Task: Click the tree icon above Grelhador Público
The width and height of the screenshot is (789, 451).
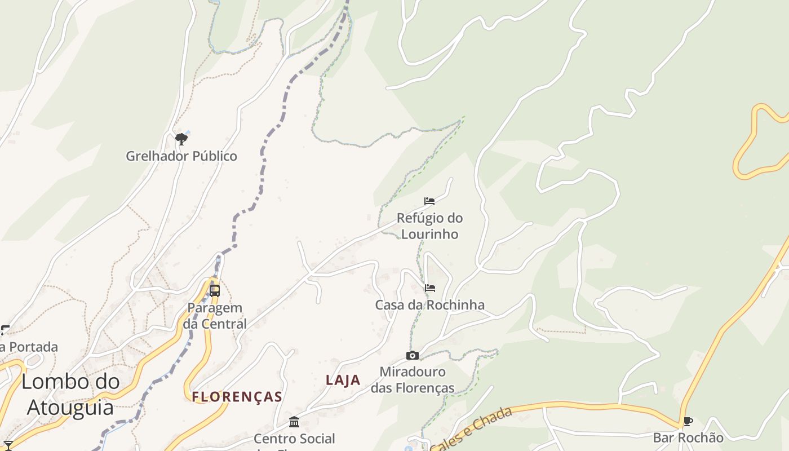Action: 181,139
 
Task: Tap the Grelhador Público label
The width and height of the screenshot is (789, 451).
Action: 181,156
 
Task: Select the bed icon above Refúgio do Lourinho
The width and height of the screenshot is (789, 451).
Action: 429,201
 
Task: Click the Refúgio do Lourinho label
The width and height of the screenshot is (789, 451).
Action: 429,226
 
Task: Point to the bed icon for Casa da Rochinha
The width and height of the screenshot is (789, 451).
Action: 430,288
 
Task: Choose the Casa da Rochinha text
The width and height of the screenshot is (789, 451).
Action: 429,305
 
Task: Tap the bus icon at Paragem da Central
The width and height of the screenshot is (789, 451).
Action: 215,291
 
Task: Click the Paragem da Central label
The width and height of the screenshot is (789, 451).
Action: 215,316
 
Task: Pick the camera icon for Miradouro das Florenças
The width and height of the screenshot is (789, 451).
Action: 413,355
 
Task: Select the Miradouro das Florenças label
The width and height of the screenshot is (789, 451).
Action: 413,380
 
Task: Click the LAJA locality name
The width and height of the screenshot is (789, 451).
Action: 343,380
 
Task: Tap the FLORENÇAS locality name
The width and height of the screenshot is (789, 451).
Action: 237,397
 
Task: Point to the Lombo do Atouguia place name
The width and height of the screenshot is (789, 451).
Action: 70,394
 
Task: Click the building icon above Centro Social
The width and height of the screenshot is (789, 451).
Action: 294,422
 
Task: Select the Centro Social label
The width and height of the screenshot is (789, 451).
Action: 294,439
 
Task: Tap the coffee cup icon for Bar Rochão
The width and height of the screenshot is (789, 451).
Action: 688,421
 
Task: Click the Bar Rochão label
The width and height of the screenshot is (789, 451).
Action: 688,438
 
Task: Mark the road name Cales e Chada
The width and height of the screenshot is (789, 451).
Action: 472,429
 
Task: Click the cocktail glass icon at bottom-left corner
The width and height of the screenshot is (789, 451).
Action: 8,445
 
